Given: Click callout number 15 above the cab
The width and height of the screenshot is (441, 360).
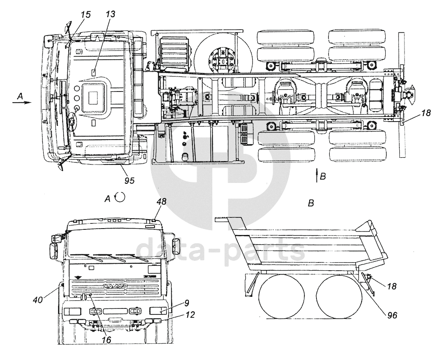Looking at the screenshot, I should point(85,15).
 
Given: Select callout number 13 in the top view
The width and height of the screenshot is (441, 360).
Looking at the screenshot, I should point(111,15).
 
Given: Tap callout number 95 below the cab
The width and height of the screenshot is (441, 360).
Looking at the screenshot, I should point(129,180).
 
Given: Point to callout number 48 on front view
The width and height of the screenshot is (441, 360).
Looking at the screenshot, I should point(161,201).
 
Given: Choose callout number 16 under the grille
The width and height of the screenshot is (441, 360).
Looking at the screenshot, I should point(106,339).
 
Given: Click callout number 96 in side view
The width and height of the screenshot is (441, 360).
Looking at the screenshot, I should point(392,315).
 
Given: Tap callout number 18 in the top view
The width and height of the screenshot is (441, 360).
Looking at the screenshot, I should point(426,113).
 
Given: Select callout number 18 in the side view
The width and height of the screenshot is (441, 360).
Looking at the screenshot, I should point(391,286).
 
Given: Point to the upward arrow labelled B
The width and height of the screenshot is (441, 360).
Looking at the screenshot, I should point(316,176).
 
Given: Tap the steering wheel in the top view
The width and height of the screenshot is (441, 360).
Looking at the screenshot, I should point(71,124).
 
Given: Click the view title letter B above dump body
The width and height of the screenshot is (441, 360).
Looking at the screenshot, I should point(311,203).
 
